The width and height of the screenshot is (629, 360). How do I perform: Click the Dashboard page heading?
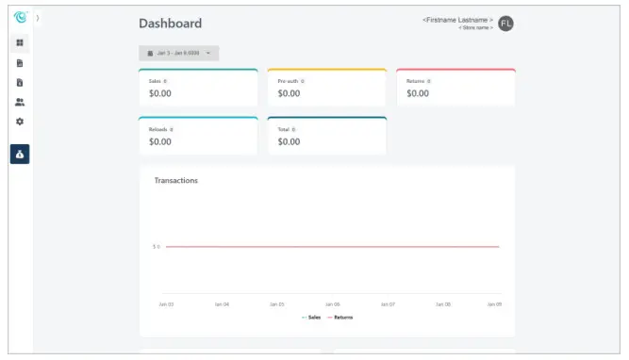pos(170,24)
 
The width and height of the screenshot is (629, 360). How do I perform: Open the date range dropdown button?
pos(179,53)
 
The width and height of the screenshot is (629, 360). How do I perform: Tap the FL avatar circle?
pos(505,24)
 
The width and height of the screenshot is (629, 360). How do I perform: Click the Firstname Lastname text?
pos(457,20)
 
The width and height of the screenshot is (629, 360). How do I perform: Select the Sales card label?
pos(155,81)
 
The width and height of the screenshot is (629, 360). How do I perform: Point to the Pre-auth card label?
pos(287,81)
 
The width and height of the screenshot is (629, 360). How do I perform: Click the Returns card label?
pos(415,81)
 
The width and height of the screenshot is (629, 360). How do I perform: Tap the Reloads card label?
pos(157,129)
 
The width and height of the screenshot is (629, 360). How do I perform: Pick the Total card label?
pos(283,129)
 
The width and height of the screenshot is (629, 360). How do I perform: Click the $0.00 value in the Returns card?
pos(418,94)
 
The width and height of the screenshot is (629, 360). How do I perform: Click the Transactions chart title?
pos(176,180)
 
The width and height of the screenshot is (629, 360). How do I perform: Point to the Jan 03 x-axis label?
pos(166,304)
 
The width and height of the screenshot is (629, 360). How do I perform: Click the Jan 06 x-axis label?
pos(332,304)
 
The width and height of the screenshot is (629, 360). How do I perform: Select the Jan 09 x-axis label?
pos(493,304)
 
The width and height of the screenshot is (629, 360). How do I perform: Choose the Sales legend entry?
pos(312,318)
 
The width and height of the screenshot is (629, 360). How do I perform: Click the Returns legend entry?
pos(341,318)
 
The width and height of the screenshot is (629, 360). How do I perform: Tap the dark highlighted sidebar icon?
pos(20,154)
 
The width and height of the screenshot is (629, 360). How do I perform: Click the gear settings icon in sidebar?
pos(20,122)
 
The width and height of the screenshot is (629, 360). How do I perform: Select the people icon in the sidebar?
pos(20,102)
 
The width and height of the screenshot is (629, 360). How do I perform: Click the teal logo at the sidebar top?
pos(20,16)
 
